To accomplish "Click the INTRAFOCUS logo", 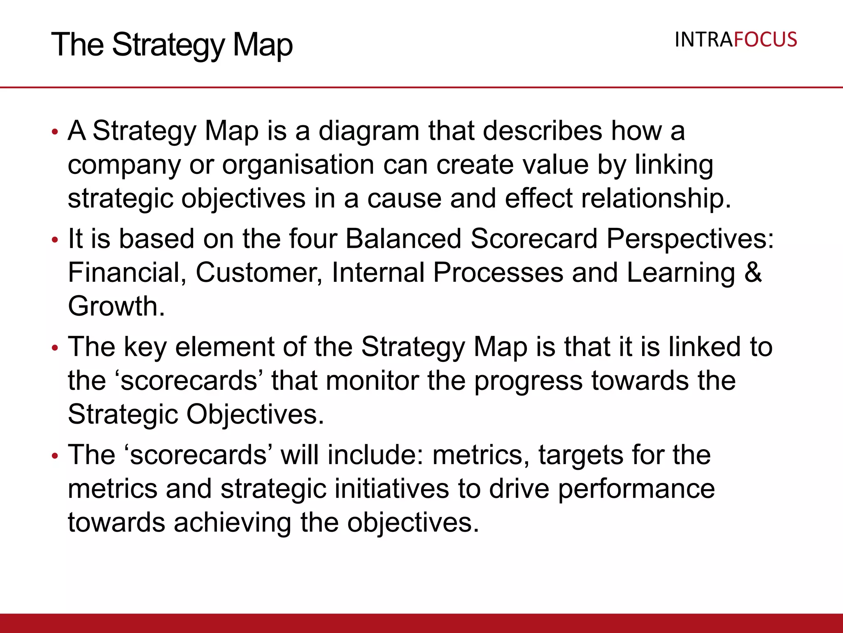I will click(736, 40).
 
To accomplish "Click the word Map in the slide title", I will click(263, 45).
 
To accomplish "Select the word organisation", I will click(298, 165).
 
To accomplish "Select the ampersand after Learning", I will click(753, 273).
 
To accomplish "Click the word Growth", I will click(116, 307).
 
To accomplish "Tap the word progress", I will click(528, 381).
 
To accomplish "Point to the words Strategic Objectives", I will click(196, 415).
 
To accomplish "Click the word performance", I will click(636, 490).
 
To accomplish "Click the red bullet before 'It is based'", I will click(55, 240).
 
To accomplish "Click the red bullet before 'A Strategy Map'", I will click(55, 132).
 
